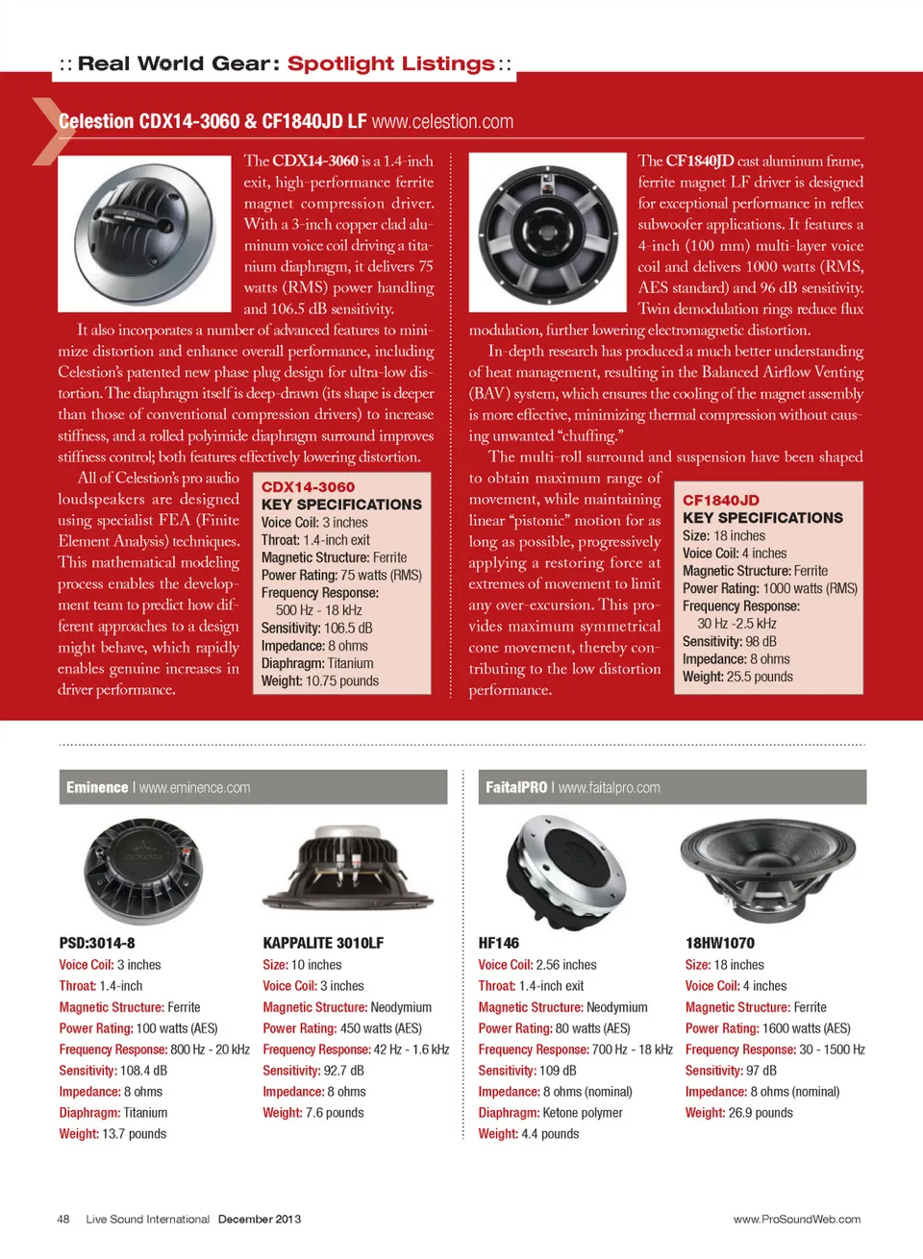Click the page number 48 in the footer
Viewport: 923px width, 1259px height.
click(x=63, y=1219)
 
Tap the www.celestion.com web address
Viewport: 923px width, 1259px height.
click(x=442, y=122)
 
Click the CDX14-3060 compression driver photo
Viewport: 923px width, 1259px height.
click(x=144, y=234)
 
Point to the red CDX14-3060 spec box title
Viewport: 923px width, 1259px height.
click(x=308, y=487)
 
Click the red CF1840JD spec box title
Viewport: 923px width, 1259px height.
click(x=721, y=500)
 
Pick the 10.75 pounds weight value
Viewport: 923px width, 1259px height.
click(x=341, y=681)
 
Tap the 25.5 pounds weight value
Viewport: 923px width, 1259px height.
click(x=760, y=677)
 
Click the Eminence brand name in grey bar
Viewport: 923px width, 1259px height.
click(x=97, y=787)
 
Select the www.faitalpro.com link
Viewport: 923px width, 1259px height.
click(x=610, y=787)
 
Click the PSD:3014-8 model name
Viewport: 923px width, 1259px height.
click(x=97, y=943)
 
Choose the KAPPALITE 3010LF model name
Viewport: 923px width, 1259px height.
click(x=323, y=943)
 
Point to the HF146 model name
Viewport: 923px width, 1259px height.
click(x=498, y=943)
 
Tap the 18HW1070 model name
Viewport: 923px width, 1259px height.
click(x=720, y=943)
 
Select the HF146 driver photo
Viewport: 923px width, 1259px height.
click(x=565, y=869)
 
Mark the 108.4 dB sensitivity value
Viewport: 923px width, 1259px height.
click(x=143, y=1071)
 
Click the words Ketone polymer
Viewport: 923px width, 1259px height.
click(x=583, y=1113)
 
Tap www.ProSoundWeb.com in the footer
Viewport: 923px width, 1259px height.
click(x=797, y=1219)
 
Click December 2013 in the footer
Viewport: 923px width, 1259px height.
click(x=260, y=1219)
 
